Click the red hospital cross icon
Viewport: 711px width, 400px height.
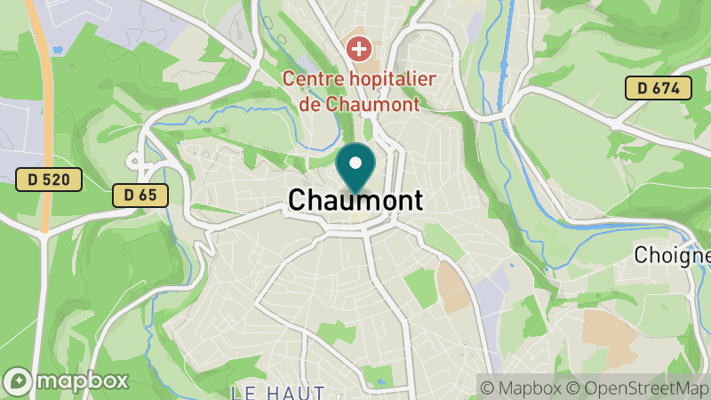tap(359, 47)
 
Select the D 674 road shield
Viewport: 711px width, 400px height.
tap(658, 88)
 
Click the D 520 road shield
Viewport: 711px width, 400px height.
tap(49, 180)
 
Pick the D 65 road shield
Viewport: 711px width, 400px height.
tap(140, 195)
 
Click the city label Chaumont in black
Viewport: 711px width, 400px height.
tap(355, 201)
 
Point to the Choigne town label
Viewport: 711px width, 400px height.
tap(673, 255)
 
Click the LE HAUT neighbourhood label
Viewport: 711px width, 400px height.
tap(277, 391)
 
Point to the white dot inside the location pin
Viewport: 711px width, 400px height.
tap(355, 163)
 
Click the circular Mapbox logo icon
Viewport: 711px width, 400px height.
tap(17, 381)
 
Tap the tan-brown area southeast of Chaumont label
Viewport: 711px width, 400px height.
tap(451, 286)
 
